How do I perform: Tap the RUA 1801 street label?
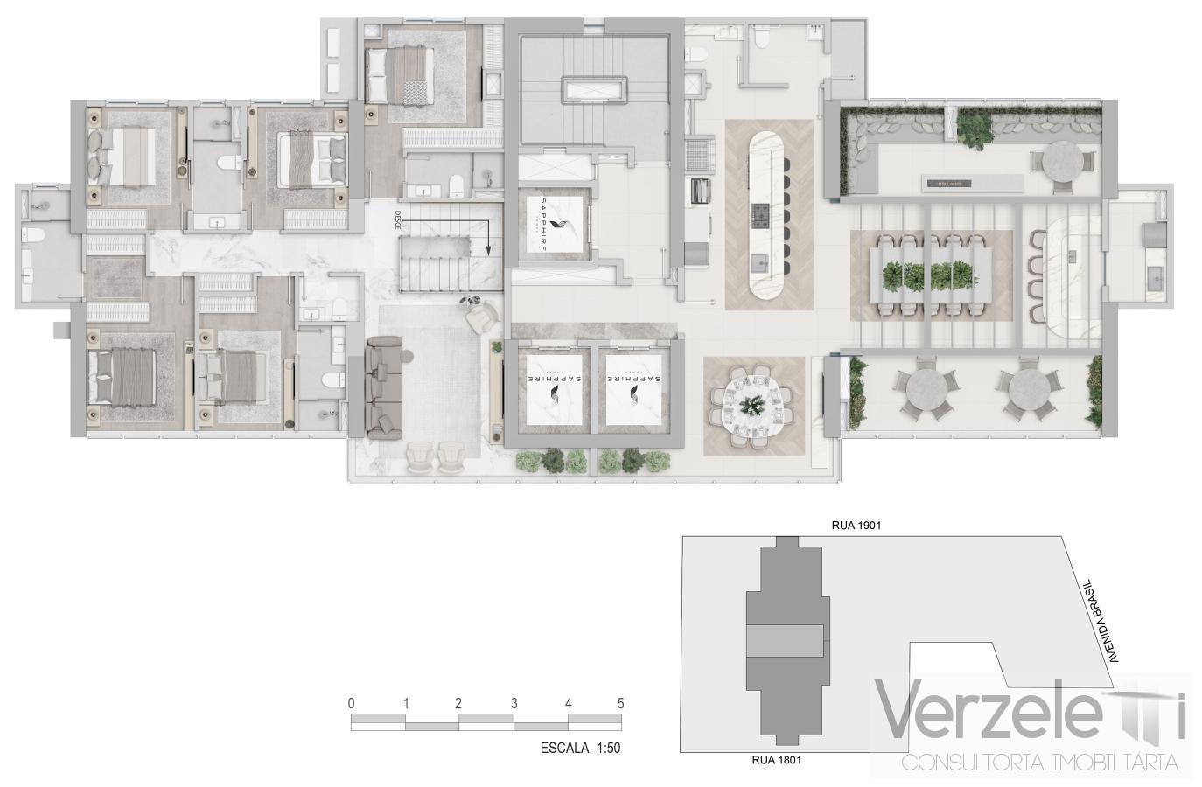pyautogui.click(x=776, y=760)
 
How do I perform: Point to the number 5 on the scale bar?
pyautogui.click(x=620, y=703)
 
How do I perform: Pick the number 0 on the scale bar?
pyautogui.click(x=351, y=703)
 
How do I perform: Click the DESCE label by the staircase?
pyautogui.click(x=397, y=219)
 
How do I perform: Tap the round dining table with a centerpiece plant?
pyautogui.click(x=751, y=404)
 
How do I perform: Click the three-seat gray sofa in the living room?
pyautogui.click(x=382, y=387)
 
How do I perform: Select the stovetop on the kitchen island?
pyautogui.click(x=761, y=212)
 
